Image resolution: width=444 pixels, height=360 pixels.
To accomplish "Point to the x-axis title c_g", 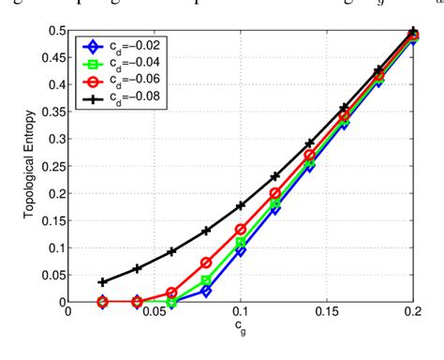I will tap(242, 328).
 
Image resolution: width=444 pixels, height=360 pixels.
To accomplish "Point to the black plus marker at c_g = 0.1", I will tap(241, 205).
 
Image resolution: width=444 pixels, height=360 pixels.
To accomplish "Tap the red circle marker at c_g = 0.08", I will tap(206, 263).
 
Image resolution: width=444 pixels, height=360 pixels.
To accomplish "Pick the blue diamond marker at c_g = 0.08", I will tap(206, 292).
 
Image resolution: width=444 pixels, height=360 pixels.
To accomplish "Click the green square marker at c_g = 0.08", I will tap(206, 280).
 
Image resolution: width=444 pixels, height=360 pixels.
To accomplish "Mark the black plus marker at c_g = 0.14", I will tap(309, 143).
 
